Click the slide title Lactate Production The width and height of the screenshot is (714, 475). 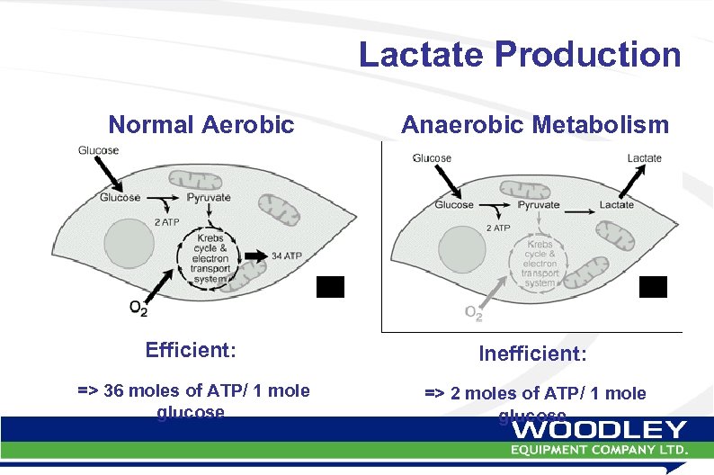(x=520, y=54)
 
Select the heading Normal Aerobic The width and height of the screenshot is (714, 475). (x=201, y=124)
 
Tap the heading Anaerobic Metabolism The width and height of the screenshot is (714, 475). (x=534, y=124)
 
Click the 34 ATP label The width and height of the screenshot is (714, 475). (x=286, y=255)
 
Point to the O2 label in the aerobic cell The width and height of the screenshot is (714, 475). (x=138, y=309)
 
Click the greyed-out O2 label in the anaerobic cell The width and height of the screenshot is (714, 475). (x=473, y=313)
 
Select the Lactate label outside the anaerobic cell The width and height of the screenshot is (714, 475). (x=644, y=158)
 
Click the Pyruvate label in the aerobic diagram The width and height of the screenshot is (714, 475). (x=209, y=197)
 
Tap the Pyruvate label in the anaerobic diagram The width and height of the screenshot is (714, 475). (x=538, y=204)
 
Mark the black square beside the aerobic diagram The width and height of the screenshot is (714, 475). (x=330, y=286)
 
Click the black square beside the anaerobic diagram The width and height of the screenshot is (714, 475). (x=653, y=287)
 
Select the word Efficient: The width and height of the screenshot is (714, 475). (x=190, y=349)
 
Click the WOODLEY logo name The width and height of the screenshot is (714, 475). (x=599, y=430)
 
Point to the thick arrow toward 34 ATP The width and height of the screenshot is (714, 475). (x=254, y=255)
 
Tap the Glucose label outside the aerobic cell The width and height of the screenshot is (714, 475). (x=98, y=150)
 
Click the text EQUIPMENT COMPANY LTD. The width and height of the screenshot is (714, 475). (x=599, y=449)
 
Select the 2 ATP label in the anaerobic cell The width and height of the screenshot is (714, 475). (x=499, y=228)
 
